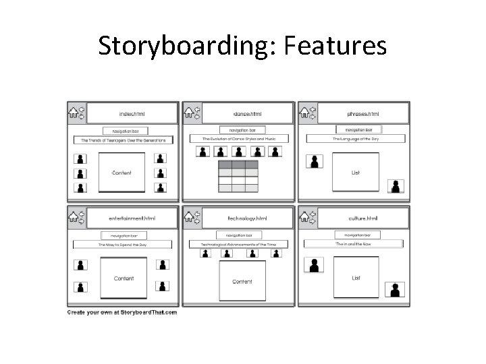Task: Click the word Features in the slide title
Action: pyautogui.click(x=335, y=47)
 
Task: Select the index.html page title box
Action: pyautogui.click(x=132, y=114)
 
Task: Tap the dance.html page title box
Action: pyautogui.click(x=247, y=114)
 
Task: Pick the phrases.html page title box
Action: pyautogui.click(x=363, y=114)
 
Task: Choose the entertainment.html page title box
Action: pyautogui.click(x=132, y=218)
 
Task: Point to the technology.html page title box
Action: pyautogui.click(x=247, y=218)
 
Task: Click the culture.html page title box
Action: pyautogui.click(x=363, y=218)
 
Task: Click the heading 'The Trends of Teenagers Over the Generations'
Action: pyautogui.click(x=123, y=140)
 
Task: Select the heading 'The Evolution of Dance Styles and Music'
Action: pyautogui.click(x=239, y=138)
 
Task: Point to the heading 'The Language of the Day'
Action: pyautogui.click(x=355, y=138)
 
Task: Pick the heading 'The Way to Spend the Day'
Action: pyautogui.click(x=123, y=245)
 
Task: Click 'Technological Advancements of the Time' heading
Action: pyautogui.click(x=239, y=244)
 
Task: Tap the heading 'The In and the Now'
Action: pyautogui.click(x=354, y=243)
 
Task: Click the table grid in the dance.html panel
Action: pyautogui.click(x=237, y=177)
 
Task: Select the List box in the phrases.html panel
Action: pyautogui.click(x=355, y=172)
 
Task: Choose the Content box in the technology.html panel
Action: pyautogui.click(x=242, y=281)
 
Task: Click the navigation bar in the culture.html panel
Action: pyautogui.click(x=357, y=235)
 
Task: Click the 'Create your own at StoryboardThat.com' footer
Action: pyautogui.click(x=122, y=312)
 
